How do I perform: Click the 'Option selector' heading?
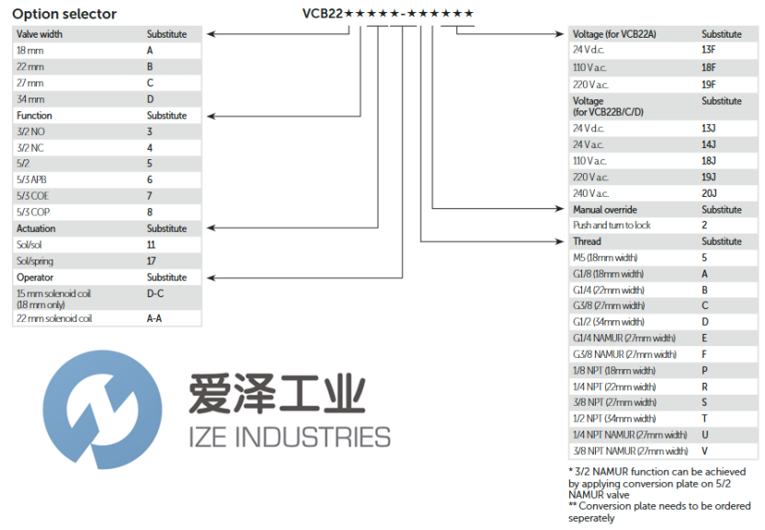pos(64,14)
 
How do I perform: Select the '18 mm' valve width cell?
pos(30,51)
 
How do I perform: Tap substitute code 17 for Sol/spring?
pos(152,261)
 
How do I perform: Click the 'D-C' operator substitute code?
pos(154,294)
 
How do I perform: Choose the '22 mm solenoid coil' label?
pos(54,318)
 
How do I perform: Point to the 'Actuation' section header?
pos(36,228)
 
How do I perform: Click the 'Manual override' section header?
pos(604,210)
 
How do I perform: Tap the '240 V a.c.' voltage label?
pos(590,193)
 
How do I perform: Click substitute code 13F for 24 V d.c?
pos(709,49)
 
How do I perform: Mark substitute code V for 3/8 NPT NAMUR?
pos(704,451)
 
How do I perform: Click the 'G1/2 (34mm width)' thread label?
pos(608,322)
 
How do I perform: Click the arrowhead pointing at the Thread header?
pos(564,241)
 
